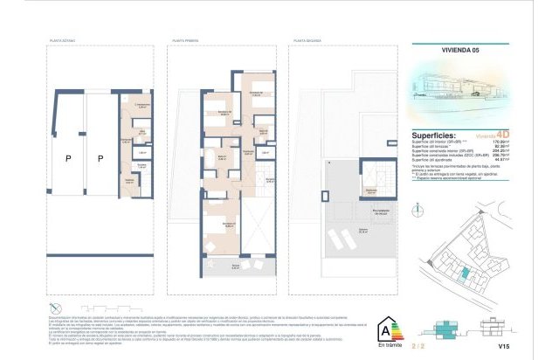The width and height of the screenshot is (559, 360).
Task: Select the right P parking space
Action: [100, 158]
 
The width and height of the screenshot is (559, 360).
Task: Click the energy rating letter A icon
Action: [382, 329]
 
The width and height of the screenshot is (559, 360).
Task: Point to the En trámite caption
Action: [382, 347]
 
